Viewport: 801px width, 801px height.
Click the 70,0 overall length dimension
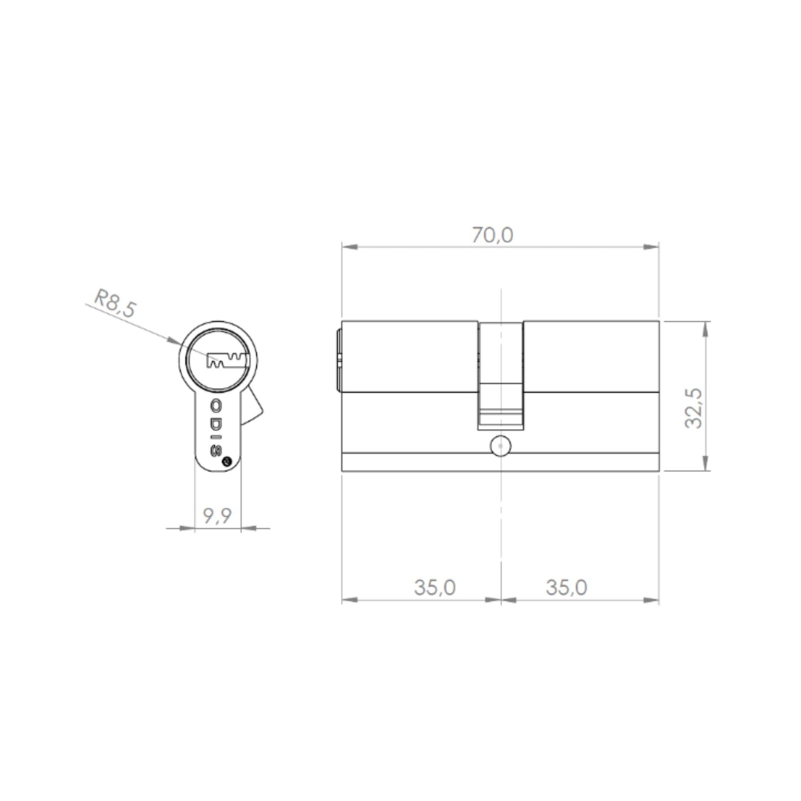pyautogui.click(x=492, y=235)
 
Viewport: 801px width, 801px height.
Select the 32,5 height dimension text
pyautogui.click(x=693, y=408)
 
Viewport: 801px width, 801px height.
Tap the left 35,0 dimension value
pyautogui.click(x=435, y=588)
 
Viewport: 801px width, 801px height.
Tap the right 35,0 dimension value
pyautogui.click(x=566, y=588)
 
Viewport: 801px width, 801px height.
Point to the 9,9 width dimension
pyautogui.click(x=217, y=516)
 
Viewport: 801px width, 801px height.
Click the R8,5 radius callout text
pyautogui.click(x=115, y=303)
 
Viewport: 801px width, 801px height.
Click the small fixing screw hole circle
pyautogui.click(x=501, y=446)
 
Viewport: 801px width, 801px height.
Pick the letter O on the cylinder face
pyautogui.click(x=217, y=405)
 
